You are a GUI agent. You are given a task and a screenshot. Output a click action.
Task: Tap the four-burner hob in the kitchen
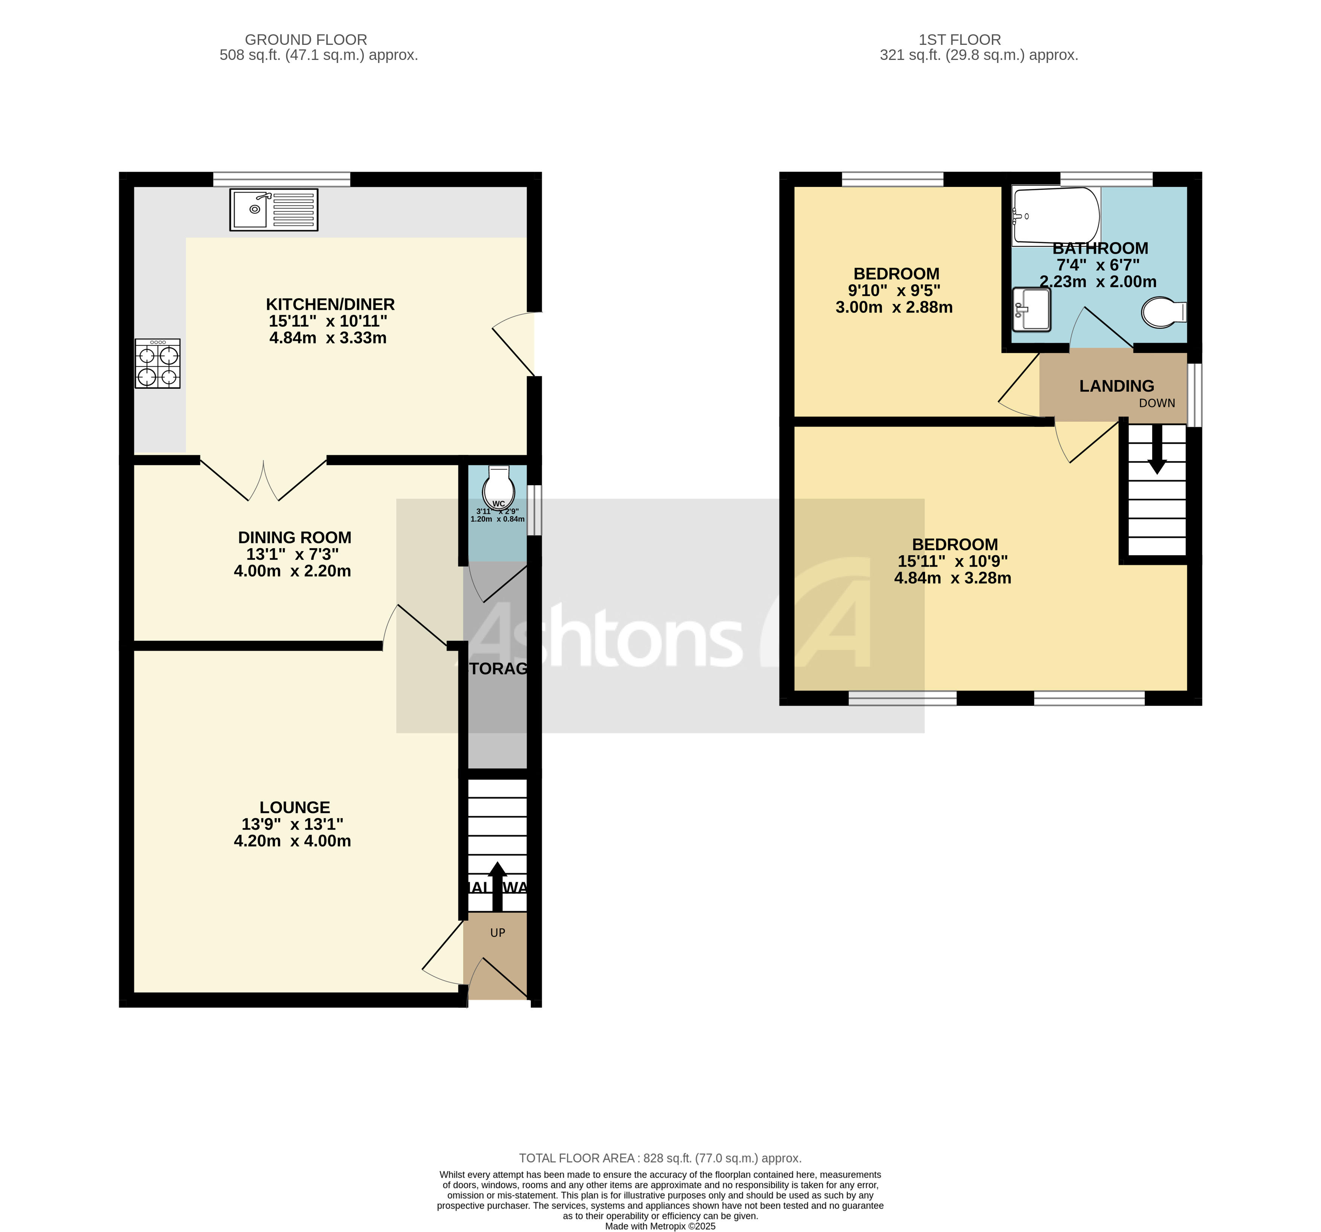pyautogui.click(x=157, y=364)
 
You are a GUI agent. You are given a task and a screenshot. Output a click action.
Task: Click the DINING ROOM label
pyautogui.click(x=294, y=537)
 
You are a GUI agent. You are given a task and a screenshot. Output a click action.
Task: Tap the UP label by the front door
pyautogui.click(x=497, y=933)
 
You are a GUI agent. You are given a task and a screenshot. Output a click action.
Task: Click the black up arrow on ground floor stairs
pyautogui.click(x=497, y=885)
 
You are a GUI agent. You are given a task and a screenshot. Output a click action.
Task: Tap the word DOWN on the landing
pyautogui.click(x=1157, y=403)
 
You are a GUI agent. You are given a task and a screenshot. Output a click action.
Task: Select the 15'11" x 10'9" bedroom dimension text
pyautogui.click(x=952, y=561)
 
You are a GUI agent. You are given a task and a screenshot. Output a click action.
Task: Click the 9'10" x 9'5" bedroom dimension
pyautogui.click(x=894, y=291)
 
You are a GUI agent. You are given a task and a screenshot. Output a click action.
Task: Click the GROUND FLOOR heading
pyautogui.click(x=305, y=40)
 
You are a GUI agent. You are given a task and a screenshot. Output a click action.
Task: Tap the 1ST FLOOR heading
pyautogui.click(x=959, y=40)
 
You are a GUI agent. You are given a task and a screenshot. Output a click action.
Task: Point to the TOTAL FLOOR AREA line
pyautogui.click(x=660, y=1158)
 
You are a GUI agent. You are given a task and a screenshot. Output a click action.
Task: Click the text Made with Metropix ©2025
pyautogui.click(x=660, y=1226)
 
